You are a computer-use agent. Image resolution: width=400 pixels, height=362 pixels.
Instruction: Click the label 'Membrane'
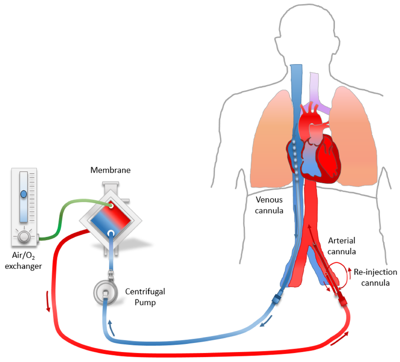tap(110, 170)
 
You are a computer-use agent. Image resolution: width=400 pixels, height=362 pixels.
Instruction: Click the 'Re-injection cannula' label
tap(375, 277)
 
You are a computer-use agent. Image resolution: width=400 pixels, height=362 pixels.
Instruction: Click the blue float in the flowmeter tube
tap(23, 194)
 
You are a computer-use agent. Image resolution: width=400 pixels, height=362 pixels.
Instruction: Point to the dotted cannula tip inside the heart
tap(297, 160)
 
